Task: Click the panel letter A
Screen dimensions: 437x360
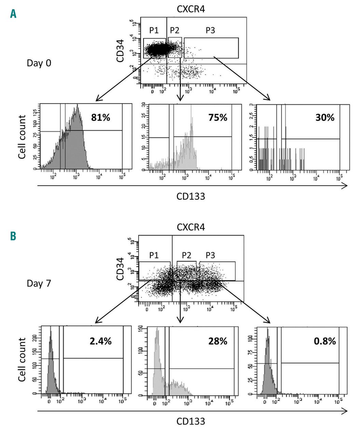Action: click(x=13, y=14)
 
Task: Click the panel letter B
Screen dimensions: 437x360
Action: click(x=13, y=236)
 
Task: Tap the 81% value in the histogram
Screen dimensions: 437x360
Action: click(x=100, y=118)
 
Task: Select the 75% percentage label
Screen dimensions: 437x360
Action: click(x=218, y=118)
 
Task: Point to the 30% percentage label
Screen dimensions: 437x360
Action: click(x=325, y=118)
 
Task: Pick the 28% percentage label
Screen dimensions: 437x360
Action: click(x=218, y=341)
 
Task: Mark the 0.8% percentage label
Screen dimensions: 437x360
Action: click(x=325, y=341)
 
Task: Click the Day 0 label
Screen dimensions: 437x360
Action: click(x=39, y=63)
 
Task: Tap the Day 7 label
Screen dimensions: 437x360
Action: click(x=39, y=283)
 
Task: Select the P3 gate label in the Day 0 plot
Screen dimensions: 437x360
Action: click(x=210, y=30)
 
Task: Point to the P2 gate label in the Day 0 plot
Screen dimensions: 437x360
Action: click(x=175, y=30)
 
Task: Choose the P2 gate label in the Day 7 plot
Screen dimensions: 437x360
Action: click(x=186, y=255)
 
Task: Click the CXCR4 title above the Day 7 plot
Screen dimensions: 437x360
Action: click(x=191, y=227)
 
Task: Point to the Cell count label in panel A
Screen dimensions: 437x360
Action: click(x=23, y=137)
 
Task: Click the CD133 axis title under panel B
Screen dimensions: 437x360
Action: click(x=191, y=421)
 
